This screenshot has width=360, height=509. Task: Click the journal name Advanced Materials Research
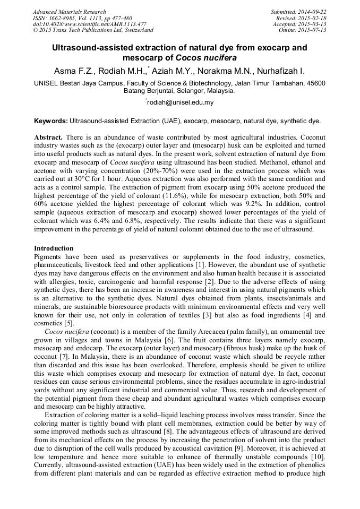[x=69, y=12]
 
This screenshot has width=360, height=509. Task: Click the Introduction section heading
[x=54, y=248]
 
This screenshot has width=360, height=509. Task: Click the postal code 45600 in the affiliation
[x=315, y=83]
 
